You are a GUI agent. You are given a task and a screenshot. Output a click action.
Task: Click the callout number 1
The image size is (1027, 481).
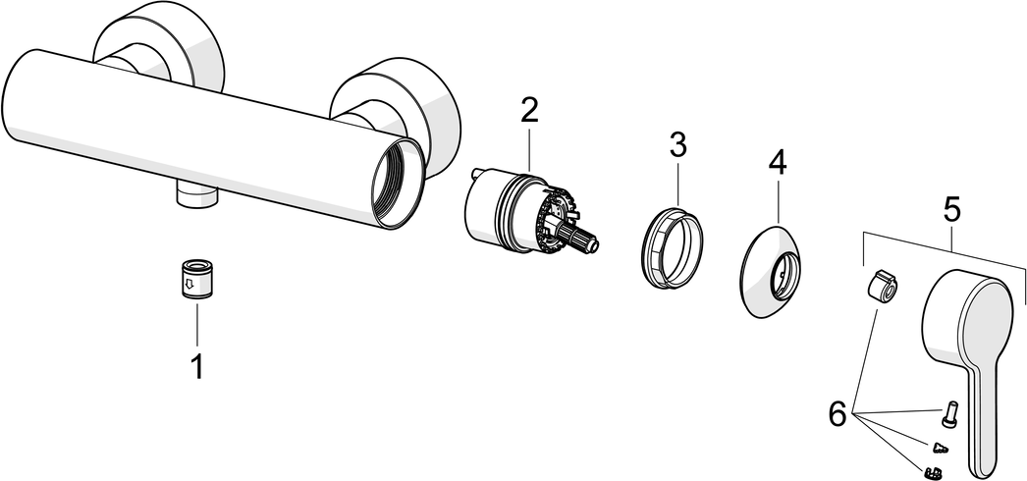(196, 367)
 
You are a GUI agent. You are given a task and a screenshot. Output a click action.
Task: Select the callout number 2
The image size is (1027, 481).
(529, 111)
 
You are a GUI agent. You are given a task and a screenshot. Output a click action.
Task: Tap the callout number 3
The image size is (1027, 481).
(677, 144)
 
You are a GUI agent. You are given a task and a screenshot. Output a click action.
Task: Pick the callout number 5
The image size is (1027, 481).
(951, 211)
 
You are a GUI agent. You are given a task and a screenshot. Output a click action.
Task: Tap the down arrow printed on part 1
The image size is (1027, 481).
(189, 285)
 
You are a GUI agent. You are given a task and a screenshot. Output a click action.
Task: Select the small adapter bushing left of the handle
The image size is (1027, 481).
(880, 288)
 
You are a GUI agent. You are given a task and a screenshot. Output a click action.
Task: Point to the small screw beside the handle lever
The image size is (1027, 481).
(950, 413)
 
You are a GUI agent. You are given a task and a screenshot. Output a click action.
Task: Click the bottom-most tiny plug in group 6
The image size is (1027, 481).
(934, 470)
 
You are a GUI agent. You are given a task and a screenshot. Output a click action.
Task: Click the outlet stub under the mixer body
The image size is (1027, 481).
(196, 197)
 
